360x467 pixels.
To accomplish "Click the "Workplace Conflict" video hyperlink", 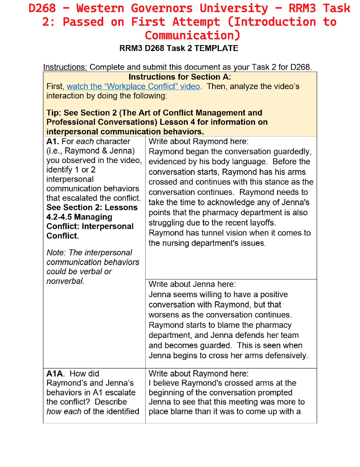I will (133, 86).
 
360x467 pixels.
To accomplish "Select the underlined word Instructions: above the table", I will (65, 67).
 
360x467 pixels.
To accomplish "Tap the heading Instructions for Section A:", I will (180, 77).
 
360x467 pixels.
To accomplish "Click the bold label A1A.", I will (55, 374).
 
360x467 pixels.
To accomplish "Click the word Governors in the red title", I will (161, 8).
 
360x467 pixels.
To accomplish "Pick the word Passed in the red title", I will (83, 22).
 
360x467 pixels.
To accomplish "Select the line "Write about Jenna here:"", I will (192, 284).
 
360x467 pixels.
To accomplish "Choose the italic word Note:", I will (56, 253).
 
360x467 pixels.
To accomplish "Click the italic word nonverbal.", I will (65, 281).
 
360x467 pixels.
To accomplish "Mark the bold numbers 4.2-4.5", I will (59, 217).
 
